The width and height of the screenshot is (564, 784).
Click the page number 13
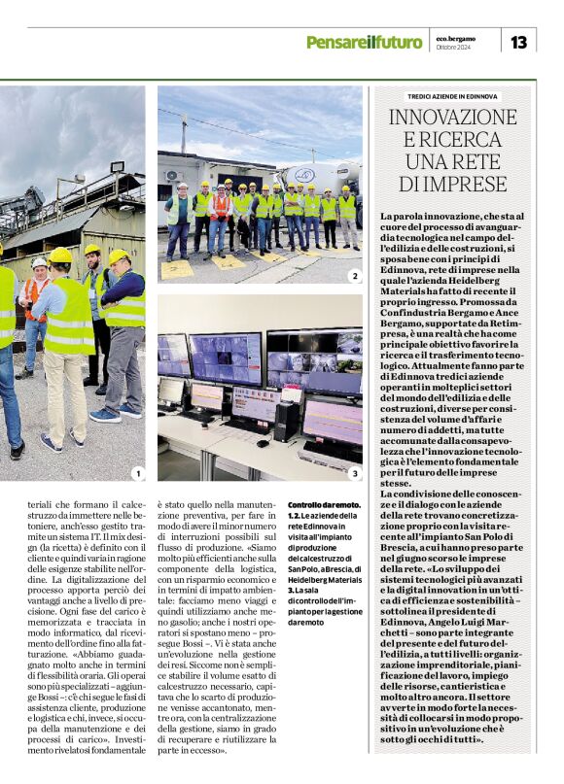pos(518,41)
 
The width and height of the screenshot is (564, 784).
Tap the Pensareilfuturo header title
pos(364,42)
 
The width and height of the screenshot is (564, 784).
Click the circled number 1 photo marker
pos(138,473)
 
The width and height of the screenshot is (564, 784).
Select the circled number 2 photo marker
pos(354,276)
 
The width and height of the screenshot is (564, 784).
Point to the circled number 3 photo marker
pos(354,473)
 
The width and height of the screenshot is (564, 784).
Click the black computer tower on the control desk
pos(287,422)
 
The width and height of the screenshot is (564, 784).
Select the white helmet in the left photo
pos(38,262)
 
